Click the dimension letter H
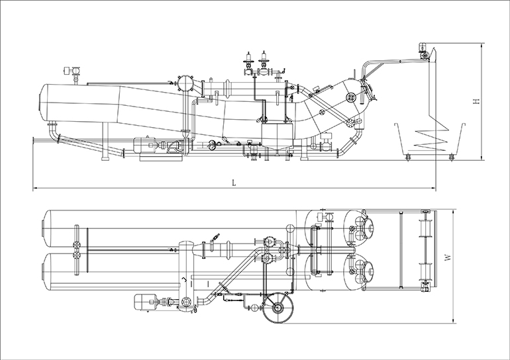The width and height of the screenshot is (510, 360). point(476,102)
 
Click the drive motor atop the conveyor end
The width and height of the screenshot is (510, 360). point(422,48)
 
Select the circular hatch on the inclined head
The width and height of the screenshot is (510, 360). point(352,97)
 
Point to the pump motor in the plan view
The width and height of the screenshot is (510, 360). point(144,301)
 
